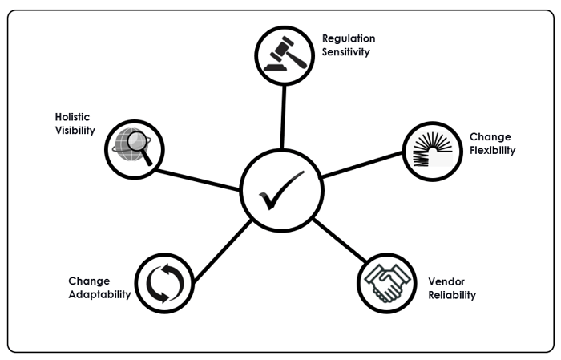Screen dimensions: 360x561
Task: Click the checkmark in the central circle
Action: tap(281, 190)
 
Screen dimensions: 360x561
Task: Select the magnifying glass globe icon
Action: tap(134, 148)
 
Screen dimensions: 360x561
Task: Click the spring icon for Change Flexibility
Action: tap(430, 150)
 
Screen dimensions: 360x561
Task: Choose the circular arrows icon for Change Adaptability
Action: tap(164, 281)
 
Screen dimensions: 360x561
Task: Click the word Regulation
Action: tap(349, 38)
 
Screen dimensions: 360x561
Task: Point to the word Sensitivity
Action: tap(346, 52)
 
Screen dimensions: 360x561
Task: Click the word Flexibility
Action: tap(492, 150)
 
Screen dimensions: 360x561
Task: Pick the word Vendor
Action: tap(446, 281)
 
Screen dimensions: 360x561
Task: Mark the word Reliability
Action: tap(452, 295)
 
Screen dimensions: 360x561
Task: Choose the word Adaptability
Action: tap(99, 294)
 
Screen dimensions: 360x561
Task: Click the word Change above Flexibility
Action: tap(490, 137)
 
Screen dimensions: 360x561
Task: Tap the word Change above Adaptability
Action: tap(88, 281)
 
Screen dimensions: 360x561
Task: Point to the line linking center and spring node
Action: tap(361, 165)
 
